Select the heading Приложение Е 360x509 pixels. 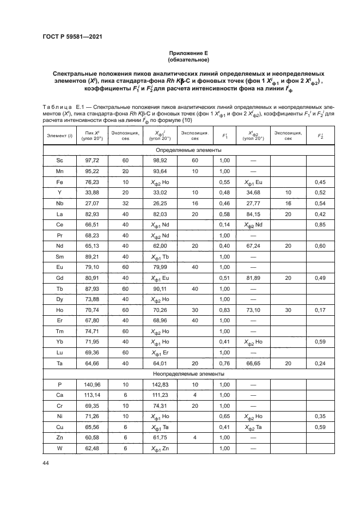pyautogui.click(x=188, y=53)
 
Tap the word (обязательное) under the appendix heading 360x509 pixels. pyautogui.click(x=188, y=60)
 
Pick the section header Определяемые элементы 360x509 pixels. pyautogui.click(x=188, y=150)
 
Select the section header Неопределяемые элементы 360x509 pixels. pyautogui.click(x=188, y=375)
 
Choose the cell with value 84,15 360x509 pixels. pyautogui.click(x=255, y=214)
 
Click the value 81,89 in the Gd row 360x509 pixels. pyautogui.click(x=255, y=278)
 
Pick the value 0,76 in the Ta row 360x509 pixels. pyautogui.click(x=223, y=363)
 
